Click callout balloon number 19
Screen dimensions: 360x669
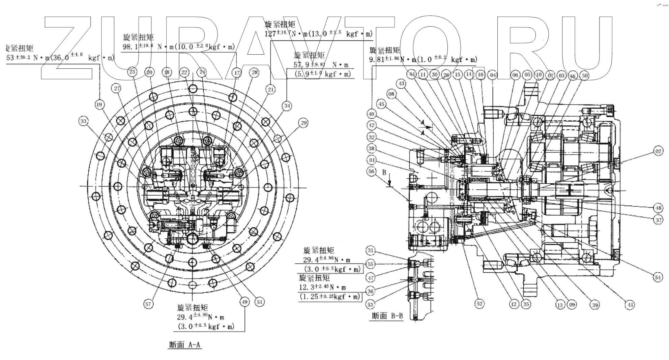click(x=99, y=105)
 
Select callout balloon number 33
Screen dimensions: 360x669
click(x=83, y=121)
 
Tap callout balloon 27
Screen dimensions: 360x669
click(x=117, y=89)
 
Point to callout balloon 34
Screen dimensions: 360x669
click(x=287, y=106)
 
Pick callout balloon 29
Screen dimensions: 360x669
click(x=303, y=123)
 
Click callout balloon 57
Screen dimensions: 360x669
click(x=148, y=304)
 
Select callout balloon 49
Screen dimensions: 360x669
click(x=244, y=302)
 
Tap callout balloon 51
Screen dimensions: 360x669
click(x=259, y=302)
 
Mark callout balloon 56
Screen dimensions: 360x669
click(x=372, y=172)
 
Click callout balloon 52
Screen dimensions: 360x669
click(x=479, y=304)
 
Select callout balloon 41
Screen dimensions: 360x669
click(x=629, y=305)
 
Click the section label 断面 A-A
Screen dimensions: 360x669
click(x=185, y=345)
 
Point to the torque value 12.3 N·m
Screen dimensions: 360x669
click(x=323, y=287)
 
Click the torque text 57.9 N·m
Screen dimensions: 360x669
click(x=321, y=64)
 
